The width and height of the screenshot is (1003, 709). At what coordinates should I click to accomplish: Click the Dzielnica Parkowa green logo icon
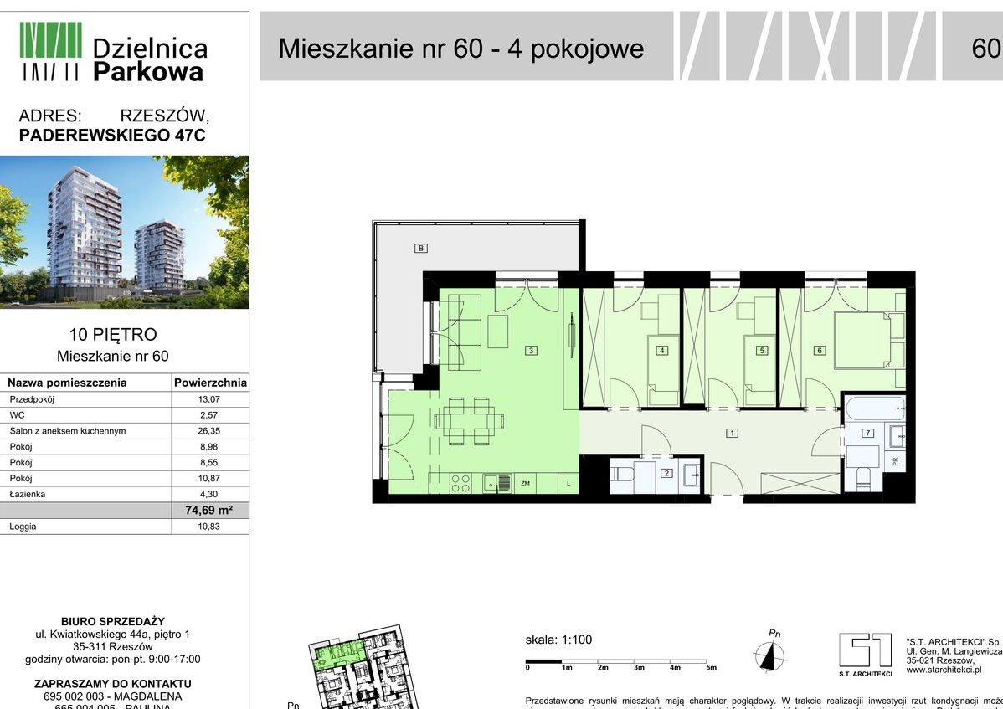pyautogui.click(x=50, y=50)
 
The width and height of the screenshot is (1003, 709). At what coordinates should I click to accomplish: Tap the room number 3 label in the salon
pyautogui.click(x=531, y=351)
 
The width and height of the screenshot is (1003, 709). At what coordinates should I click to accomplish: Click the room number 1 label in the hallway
pyautogui.click(x=732, y=434)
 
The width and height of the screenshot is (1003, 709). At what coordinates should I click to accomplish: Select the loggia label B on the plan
pyautogui.click(x=421, y=248)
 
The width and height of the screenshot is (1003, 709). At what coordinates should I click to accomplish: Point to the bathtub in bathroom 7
pyautogui.click(x=875, y=411)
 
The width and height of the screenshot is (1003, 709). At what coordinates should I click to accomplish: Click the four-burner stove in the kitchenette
pyautogui.click(x=460, y=483)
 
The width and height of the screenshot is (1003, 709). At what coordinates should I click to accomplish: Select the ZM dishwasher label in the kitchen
pyautogui.click(x=526, y=484)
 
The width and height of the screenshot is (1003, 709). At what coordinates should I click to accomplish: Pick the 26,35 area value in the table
pyautogui.click(x=209, y=431)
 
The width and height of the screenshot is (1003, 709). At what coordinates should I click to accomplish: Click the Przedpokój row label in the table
pyautogui.click(x=33, y=400)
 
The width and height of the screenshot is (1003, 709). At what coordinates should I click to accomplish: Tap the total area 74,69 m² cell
pyautogui.click(x=208, y=511)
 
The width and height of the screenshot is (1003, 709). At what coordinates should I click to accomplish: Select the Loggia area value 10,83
pyautogui.click(x=209, y=527)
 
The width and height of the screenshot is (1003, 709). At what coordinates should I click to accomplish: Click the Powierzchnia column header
pyautogui.click(x=209, y=383)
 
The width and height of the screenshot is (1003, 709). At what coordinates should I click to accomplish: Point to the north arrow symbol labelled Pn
pyautogui.click(x=769, y=653)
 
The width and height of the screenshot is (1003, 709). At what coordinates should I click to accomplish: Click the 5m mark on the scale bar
pyautogui.click(x=712, y=667)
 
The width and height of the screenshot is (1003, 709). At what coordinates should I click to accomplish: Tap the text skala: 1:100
pyautogui.click(x=558, y=640)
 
